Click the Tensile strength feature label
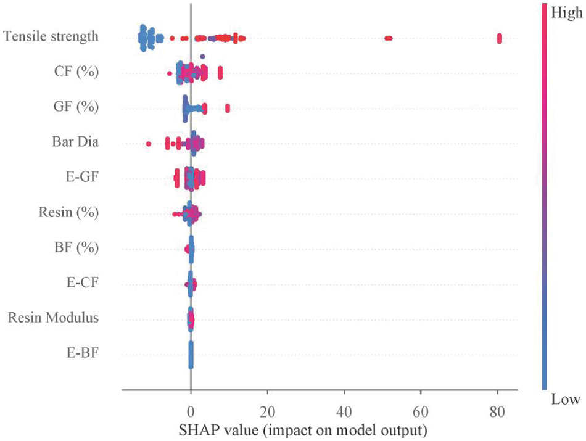[51, 36]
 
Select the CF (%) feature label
[76, 72]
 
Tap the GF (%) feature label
[76, 107]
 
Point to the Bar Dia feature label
[75, 142]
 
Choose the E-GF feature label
[82, 178]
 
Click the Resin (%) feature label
[68, 213]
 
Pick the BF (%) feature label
[76, 249]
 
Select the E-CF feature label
[83, 284]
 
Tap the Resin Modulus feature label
[53, 319]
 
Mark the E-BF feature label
[83, 354]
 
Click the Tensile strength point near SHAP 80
[499, 38]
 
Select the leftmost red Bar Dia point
[149, 144]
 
